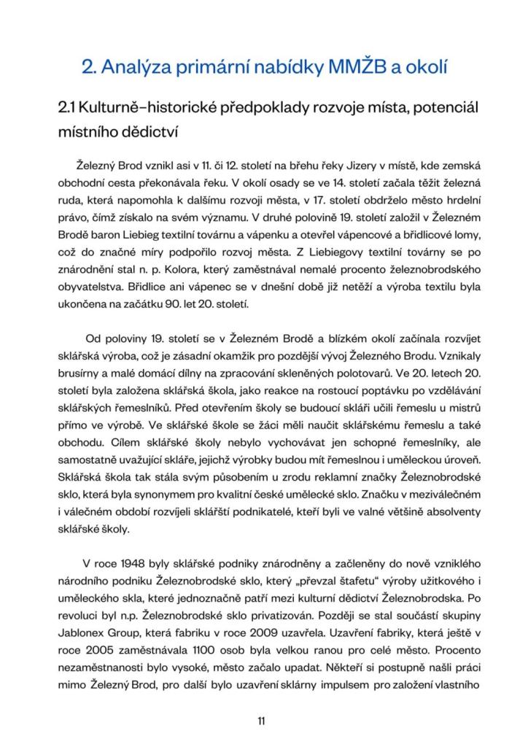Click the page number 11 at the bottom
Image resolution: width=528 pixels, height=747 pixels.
(261, 721)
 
